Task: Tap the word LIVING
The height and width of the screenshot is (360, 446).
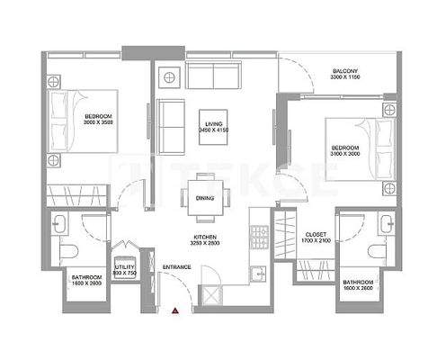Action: [214, 125]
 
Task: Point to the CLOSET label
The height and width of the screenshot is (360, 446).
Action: [315, 233]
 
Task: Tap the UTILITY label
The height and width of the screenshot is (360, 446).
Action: [124, 266]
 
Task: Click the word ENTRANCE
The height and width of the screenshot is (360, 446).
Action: [176, 267]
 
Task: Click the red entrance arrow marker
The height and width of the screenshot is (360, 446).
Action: [176, 310]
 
